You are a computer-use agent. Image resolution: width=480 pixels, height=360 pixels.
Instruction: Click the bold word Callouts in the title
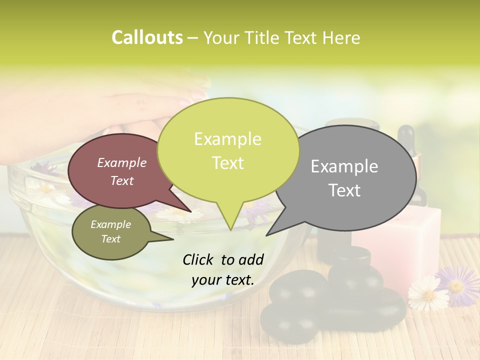point(147,37)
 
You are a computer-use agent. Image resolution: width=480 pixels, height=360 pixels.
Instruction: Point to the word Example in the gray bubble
point(344,166)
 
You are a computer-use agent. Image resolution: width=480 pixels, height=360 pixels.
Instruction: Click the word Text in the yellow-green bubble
point(228,163)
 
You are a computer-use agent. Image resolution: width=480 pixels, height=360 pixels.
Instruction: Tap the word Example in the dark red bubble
point(121,162)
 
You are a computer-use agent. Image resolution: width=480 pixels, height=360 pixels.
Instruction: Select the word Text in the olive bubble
point(111,239)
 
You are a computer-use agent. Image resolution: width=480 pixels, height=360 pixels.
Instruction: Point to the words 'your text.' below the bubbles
point(223,280)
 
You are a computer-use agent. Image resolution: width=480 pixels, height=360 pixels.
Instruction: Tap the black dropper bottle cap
point(406,135)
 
